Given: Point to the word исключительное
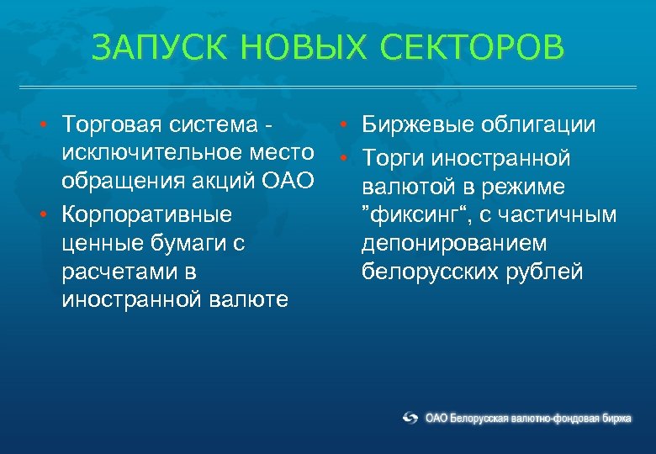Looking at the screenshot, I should [152, 153].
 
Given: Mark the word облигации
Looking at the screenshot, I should [537, 125].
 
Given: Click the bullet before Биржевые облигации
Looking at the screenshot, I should [345, 126].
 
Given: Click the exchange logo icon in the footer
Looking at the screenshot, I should [410, 418].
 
